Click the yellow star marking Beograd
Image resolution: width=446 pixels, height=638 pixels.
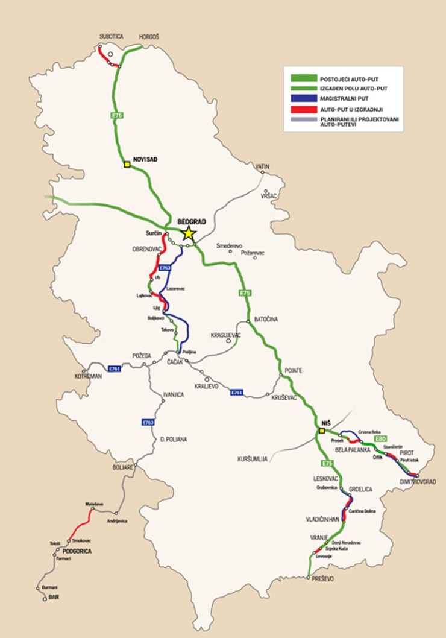tap(189, 233)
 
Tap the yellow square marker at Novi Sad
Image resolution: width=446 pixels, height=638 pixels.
tap(127, 164)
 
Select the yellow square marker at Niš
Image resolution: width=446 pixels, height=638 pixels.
tap(321, 431)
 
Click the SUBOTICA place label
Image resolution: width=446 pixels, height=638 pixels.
tap(111, 37)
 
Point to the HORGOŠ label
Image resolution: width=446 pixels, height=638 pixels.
tap(149, 37)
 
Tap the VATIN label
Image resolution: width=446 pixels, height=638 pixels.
tap(262, 166)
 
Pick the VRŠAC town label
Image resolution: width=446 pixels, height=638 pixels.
tap(268, 197)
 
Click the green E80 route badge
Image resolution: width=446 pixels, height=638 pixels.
tap(380, 439)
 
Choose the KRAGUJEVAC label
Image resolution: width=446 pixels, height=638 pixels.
tap(226, 334)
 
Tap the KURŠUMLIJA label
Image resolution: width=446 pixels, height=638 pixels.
tap(252, 459)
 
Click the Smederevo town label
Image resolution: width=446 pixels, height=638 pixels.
tap(229, 246)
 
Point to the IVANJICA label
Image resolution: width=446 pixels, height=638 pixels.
tap(173, 394)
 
